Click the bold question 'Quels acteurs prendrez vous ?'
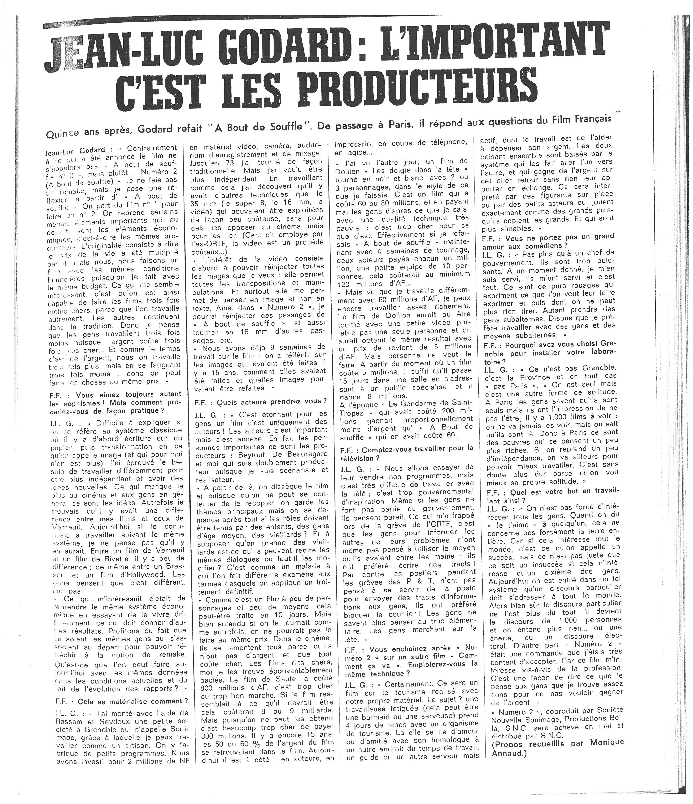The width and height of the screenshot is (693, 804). coord(261,401)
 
